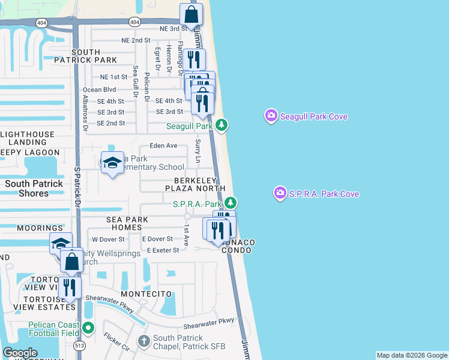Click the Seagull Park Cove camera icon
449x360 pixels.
271,115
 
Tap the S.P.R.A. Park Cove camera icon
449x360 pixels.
280,193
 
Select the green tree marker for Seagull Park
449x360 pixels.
222,125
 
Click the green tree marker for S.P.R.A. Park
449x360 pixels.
231,204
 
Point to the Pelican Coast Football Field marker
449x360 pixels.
89,328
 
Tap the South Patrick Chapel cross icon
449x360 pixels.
143,341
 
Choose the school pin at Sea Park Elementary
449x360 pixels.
112,163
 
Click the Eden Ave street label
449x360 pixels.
163,146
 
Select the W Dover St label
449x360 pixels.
108,239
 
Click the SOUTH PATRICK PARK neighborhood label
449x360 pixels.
94,56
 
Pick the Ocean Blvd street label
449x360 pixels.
99,89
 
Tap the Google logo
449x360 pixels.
20,353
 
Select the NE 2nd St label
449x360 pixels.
135,40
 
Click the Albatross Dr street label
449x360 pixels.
85,113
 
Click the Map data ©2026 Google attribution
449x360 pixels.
412,355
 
